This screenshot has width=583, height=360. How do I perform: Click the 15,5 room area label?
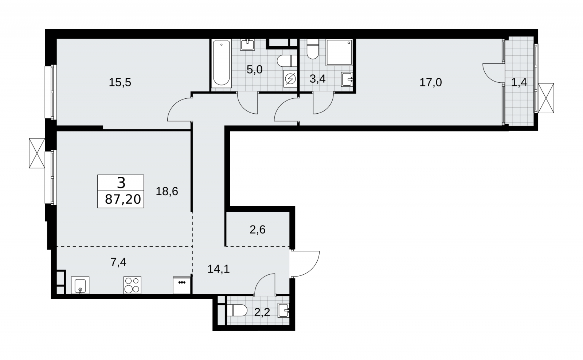(x=120, y=82)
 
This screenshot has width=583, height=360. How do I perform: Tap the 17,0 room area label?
(x=430, y=82)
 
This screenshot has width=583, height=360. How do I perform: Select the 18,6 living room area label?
(x=167, y=191)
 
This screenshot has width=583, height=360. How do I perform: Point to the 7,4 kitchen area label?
(x=118, y=262)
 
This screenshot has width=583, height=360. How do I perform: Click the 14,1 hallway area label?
(x=219, y=269)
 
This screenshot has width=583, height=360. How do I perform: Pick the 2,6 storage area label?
(x=257, y=230)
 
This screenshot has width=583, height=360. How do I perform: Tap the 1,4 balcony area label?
(x=519, y=82)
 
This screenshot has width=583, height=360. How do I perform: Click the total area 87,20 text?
(x=123, y=199)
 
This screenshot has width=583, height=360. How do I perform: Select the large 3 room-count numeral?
(x=121, y=183)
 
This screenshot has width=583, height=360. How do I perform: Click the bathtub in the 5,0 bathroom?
(x=221, y=63)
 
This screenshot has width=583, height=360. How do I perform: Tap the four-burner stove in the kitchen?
(x=133, y=285)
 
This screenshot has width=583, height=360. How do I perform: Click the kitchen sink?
(x=80, y=285)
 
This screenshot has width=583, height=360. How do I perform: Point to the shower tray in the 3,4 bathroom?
(x=339, y=52)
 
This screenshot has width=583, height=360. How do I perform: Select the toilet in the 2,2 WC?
(x=237, y=310)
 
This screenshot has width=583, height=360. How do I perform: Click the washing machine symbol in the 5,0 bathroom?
(x=290, y=79)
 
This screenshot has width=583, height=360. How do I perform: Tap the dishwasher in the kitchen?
(x=182, y=285)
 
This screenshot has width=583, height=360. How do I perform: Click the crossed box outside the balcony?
(x=546, y=98)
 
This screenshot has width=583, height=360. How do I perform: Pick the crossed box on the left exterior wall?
(x=37, y=153)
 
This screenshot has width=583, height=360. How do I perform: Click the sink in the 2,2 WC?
(x=284, y=310)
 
